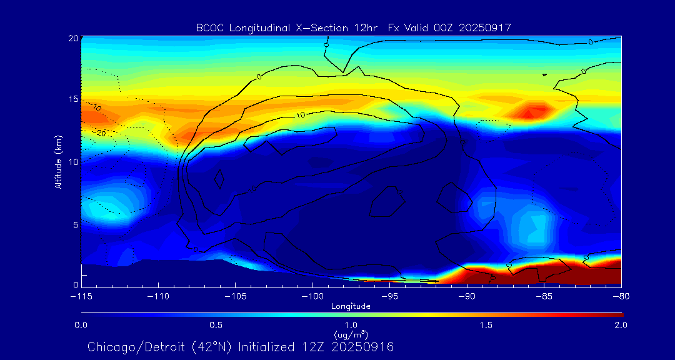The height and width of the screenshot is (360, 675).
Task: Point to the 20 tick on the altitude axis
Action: [73, 38]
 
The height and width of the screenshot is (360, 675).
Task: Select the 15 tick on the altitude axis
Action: [73, 99]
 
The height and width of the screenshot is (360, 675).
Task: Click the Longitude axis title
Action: [351, 306]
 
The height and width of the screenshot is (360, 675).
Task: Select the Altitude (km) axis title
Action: [58, 162]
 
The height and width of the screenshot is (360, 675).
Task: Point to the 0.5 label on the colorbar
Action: [216, 325]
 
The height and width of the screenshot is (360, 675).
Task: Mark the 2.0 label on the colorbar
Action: [620, 325]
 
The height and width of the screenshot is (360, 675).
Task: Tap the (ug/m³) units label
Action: [351, 334]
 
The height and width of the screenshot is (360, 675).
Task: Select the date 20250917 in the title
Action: [485, 27]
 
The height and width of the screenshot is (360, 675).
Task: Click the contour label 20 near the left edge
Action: [101, 133]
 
